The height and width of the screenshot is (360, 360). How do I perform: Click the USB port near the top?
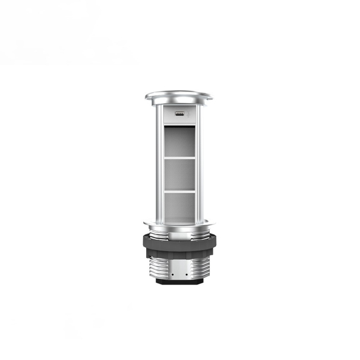click(x=179, y=113)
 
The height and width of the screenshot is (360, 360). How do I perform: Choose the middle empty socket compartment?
click(x=179, y=174)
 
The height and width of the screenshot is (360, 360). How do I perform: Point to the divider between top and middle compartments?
click(x=179, y=158)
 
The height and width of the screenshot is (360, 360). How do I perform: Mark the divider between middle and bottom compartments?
click(x=179, y=191)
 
